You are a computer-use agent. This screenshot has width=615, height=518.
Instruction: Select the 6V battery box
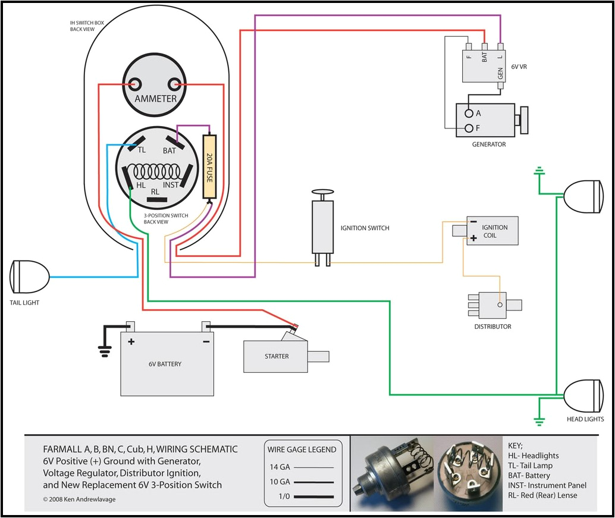click(x=167, y=363)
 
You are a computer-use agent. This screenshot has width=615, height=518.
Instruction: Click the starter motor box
click(x=277, y=356)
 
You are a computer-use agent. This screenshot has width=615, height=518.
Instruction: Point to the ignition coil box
click(x=491, y=231)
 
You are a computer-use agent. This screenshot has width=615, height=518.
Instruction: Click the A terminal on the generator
click(x=469, y=113)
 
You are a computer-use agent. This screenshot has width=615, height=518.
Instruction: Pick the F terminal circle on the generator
click(x=469, y=128)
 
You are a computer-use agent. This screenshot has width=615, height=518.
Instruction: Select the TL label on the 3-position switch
click(x=142, y=150)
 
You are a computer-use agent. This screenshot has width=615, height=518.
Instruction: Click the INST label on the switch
click(x=171, y=185)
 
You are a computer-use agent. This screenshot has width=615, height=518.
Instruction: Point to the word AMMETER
click(x=155, y=99)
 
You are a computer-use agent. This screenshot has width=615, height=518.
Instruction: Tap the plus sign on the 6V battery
click(x=131, y=342)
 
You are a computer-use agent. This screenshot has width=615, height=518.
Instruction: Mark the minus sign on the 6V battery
click(x=205, y=342)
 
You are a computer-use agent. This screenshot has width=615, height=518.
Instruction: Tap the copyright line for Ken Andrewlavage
click(x=80, y=499)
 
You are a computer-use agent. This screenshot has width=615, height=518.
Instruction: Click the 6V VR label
click(x=519, y=67)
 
